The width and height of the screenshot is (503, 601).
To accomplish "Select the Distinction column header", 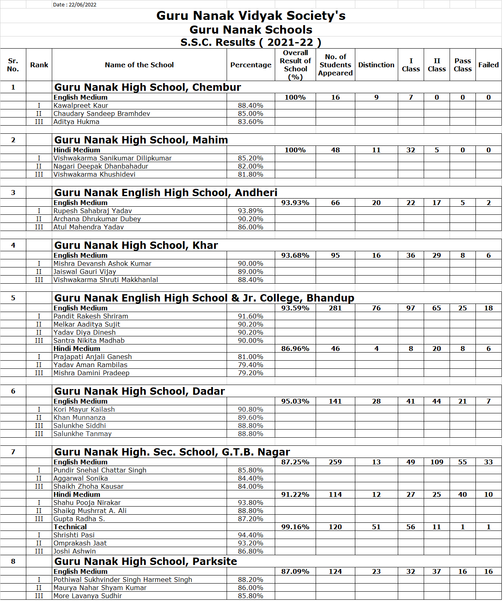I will [376, 65].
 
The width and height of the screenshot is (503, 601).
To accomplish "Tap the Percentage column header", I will [250, 65].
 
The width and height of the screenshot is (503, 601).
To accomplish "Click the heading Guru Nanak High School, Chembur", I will [147, 87].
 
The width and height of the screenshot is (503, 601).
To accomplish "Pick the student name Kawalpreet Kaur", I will [81, 105].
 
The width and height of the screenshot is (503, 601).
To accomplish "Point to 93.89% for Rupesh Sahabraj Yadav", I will [250, 211].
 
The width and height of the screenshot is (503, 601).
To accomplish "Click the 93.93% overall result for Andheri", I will [295, 203].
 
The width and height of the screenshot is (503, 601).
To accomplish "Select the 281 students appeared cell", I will [335, 308].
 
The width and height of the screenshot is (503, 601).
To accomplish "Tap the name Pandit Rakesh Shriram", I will [91, 316].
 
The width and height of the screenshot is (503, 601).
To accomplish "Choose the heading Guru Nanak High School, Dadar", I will [139, 391].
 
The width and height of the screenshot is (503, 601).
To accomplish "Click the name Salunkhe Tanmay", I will [82, 434].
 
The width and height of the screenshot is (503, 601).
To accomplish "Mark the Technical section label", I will [70, 527].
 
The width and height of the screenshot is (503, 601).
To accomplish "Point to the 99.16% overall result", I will [295, 527].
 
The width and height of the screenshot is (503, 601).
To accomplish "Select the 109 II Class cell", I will [437, 462].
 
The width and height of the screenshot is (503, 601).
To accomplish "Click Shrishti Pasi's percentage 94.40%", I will [250, 535].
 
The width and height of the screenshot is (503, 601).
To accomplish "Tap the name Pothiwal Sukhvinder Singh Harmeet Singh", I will [123, 580].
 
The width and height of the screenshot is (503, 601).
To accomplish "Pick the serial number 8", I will [13, 561].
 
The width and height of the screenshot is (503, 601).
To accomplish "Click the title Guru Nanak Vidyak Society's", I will [251, 16].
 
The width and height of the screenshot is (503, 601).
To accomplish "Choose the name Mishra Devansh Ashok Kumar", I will [102, 263].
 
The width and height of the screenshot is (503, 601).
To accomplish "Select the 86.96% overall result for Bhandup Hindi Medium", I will [295, 349].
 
